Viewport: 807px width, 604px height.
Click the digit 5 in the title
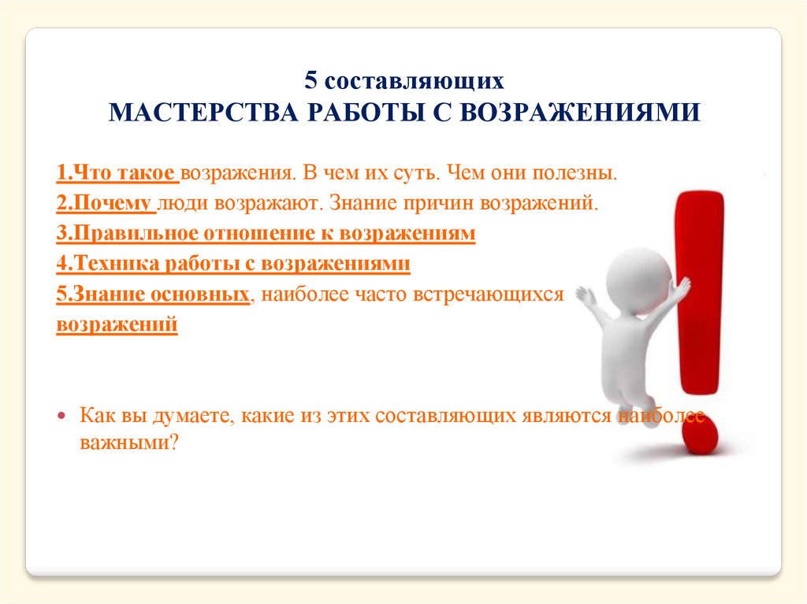(311, 81)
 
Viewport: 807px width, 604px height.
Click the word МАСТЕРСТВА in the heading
(203, 112)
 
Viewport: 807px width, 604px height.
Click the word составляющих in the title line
(415, 82)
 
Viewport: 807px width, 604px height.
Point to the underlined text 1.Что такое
(117, 173)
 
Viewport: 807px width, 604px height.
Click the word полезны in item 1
(575, 173)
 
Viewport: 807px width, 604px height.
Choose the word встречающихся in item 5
(489, 295)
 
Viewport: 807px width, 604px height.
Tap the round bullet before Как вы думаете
(62, 415)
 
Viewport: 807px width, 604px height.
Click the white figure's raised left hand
(586, 295)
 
